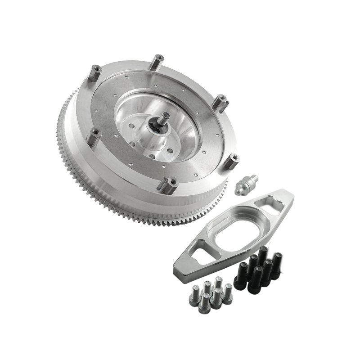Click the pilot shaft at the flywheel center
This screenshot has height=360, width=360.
tap(161, 123)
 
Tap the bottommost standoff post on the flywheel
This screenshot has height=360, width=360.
tap(171, 184)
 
